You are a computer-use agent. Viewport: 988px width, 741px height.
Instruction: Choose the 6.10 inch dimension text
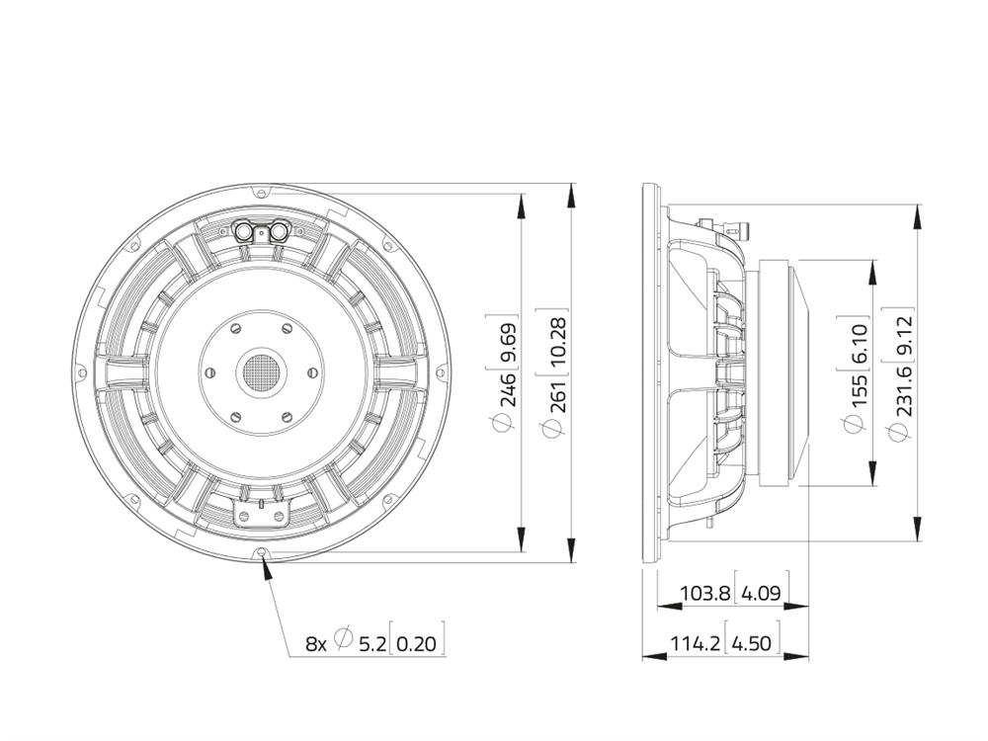[x=857, y=345]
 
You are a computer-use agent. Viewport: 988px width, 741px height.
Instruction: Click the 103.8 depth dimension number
[x=705, y=593]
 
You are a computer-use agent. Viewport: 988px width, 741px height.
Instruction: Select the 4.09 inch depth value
[x=761, y=593]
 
